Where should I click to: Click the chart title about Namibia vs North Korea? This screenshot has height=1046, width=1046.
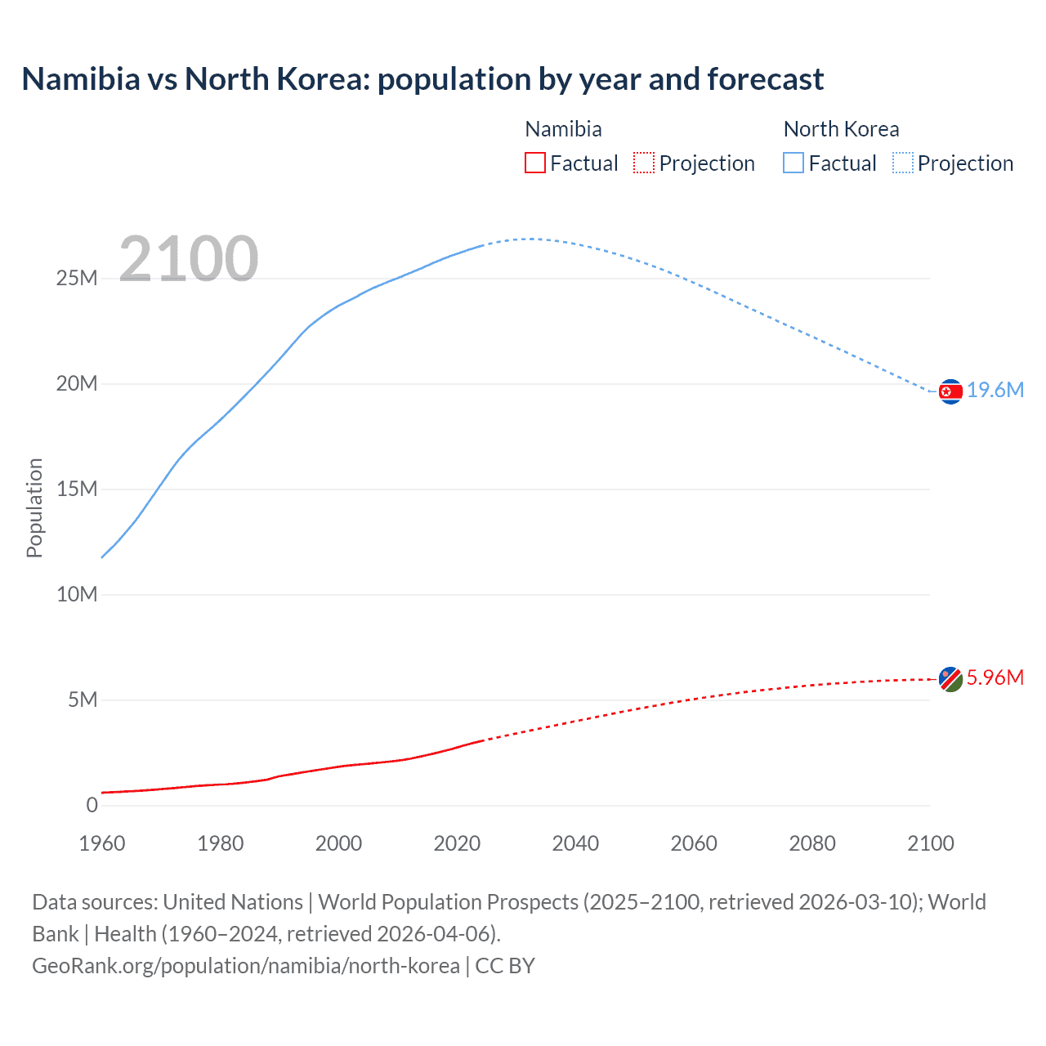[422, 79]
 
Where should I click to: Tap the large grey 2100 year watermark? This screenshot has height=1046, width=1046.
[189, 260]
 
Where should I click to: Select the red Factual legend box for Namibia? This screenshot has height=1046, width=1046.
[535, 163]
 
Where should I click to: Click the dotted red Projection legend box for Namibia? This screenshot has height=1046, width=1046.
[644, 163]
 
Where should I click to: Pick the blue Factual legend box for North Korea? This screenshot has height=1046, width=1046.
[793, 163]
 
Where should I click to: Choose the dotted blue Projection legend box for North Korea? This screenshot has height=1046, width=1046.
[903, 163]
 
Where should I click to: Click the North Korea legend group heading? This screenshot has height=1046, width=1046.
[841, 129]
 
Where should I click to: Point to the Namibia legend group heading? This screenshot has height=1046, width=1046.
[563, 129]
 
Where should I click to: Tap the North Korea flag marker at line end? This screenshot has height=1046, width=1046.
[950, 392]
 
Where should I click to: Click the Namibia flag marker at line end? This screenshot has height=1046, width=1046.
[950, 679]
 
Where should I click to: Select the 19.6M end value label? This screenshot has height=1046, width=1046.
[995, 391]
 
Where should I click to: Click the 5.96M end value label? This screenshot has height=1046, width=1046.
[995, 677]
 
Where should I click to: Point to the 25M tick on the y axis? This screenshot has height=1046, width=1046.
[77, 279]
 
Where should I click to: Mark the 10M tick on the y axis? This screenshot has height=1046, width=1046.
[77, 595]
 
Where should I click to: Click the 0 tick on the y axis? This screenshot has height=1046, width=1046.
[92, 806]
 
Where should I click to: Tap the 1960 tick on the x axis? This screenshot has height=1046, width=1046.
[102, 843]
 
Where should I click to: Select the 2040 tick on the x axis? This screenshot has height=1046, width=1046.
[575, 843]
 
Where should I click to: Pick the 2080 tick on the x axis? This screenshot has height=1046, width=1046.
[812, 843]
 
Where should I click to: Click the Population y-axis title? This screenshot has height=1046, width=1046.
[34, 507]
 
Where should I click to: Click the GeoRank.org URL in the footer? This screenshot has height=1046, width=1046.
[246, 966]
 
